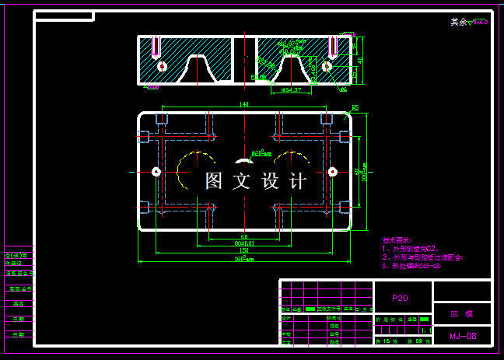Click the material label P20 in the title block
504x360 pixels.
400,297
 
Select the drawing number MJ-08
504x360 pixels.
462,337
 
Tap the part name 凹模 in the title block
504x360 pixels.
462,315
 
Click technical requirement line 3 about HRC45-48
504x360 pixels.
412,266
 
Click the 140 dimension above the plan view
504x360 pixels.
244,103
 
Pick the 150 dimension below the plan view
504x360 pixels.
244,250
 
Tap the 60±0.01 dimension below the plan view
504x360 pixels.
244,243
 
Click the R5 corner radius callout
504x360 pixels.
355,107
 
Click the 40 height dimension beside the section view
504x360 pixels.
360,59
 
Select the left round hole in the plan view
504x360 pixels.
156,171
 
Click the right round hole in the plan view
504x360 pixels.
332,171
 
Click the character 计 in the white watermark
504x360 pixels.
297,181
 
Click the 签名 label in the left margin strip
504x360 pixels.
18,303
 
